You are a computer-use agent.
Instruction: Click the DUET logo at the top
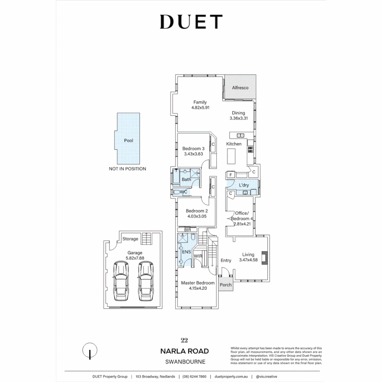(191, 22)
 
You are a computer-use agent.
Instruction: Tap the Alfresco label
(240, 88)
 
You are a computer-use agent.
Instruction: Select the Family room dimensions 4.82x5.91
(200, 108)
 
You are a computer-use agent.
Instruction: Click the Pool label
(129, 140)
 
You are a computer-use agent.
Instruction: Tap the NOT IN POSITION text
(127, 169)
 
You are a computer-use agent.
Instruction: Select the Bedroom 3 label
(193, 149)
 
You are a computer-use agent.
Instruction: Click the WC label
(184, 192)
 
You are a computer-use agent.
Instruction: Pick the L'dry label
(244, 185)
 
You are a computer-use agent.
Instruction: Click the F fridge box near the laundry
(231, 175)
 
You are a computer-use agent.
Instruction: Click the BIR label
(187, 230)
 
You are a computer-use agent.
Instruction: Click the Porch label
(226, 285)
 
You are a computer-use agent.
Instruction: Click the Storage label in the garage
(130, 239)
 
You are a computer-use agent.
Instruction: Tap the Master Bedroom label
(198, 283)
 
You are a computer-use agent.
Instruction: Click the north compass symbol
(90, 351)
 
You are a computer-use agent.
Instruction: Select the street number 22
(184, 340)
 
